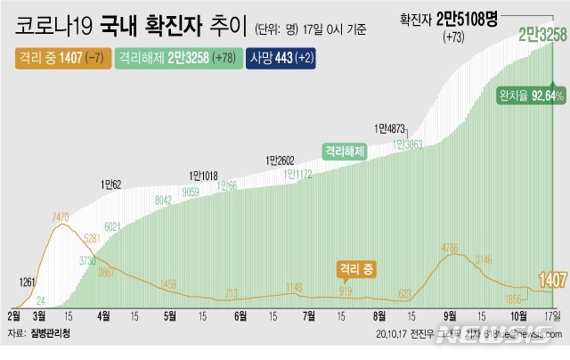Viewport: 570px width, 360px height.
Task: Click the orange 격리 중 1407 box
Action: pyautogui.click(x=59, y=60)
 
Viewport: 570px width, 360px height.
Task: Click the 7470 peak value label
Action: pyautogui.click(x=61, y=217)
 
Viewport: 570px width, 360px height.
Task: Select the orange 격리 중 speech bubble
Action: pyautogui.click(x=356, y=266)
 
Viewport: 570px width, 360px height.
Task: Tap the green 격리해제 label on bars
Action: pyautogui.click(x=346, y=151)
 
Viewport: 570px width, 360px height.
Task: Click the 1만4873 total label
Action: pyautogui.click(x=390, y=127)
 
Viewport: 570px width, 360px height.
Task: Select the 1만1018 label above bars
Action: pyautogui.click(x=204, y=176)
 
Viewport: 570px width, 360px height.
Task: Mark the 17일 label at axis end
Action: pyautogui.click(x=553, y=315)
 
